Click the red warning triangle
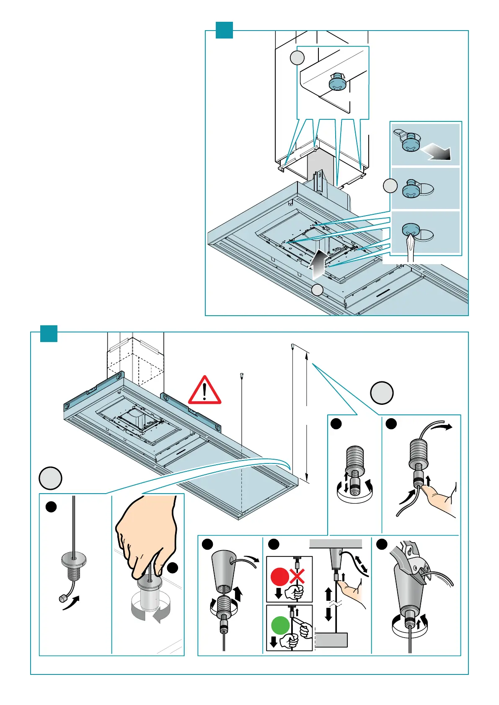(204, 391)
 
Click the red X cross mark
(297, 577)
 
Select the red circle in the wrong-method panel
(279, 577)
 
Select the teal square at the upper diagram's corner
(224, 30)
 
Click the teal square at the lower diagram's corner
(49, 333)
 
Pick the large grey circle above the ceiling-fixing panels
(382, 393)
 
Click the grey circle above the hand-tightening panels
(51, 479)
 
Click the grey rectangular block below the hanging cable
(331, 640)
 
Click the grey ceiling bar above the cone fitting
(336, 544)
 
